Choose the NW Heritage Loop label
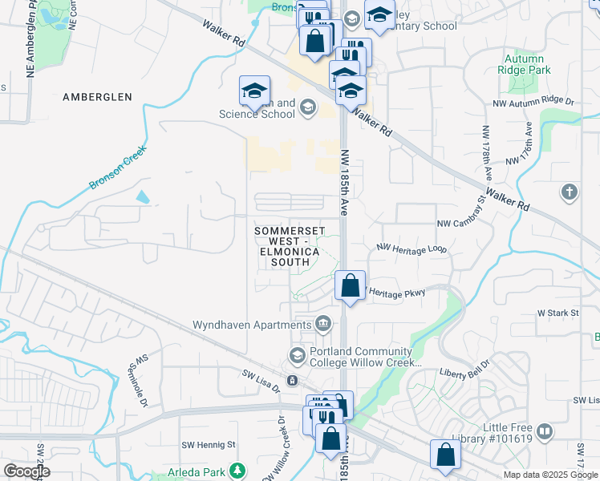click(411, 249)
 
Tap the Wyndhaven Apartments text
click(252, 325)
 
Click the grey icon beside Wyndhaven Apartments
click(323, 324)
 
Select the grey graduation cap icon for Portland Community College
click(296, 354)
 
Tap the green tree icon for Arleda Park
click(237, 471)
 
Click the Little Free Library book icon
click(545, 433)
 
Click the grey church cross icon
click(569, 192)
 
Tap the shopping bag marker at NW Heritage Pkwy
click(350, 286)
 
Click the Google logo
click(26, 471)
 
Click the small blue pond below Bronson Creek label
click(143, 196)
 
